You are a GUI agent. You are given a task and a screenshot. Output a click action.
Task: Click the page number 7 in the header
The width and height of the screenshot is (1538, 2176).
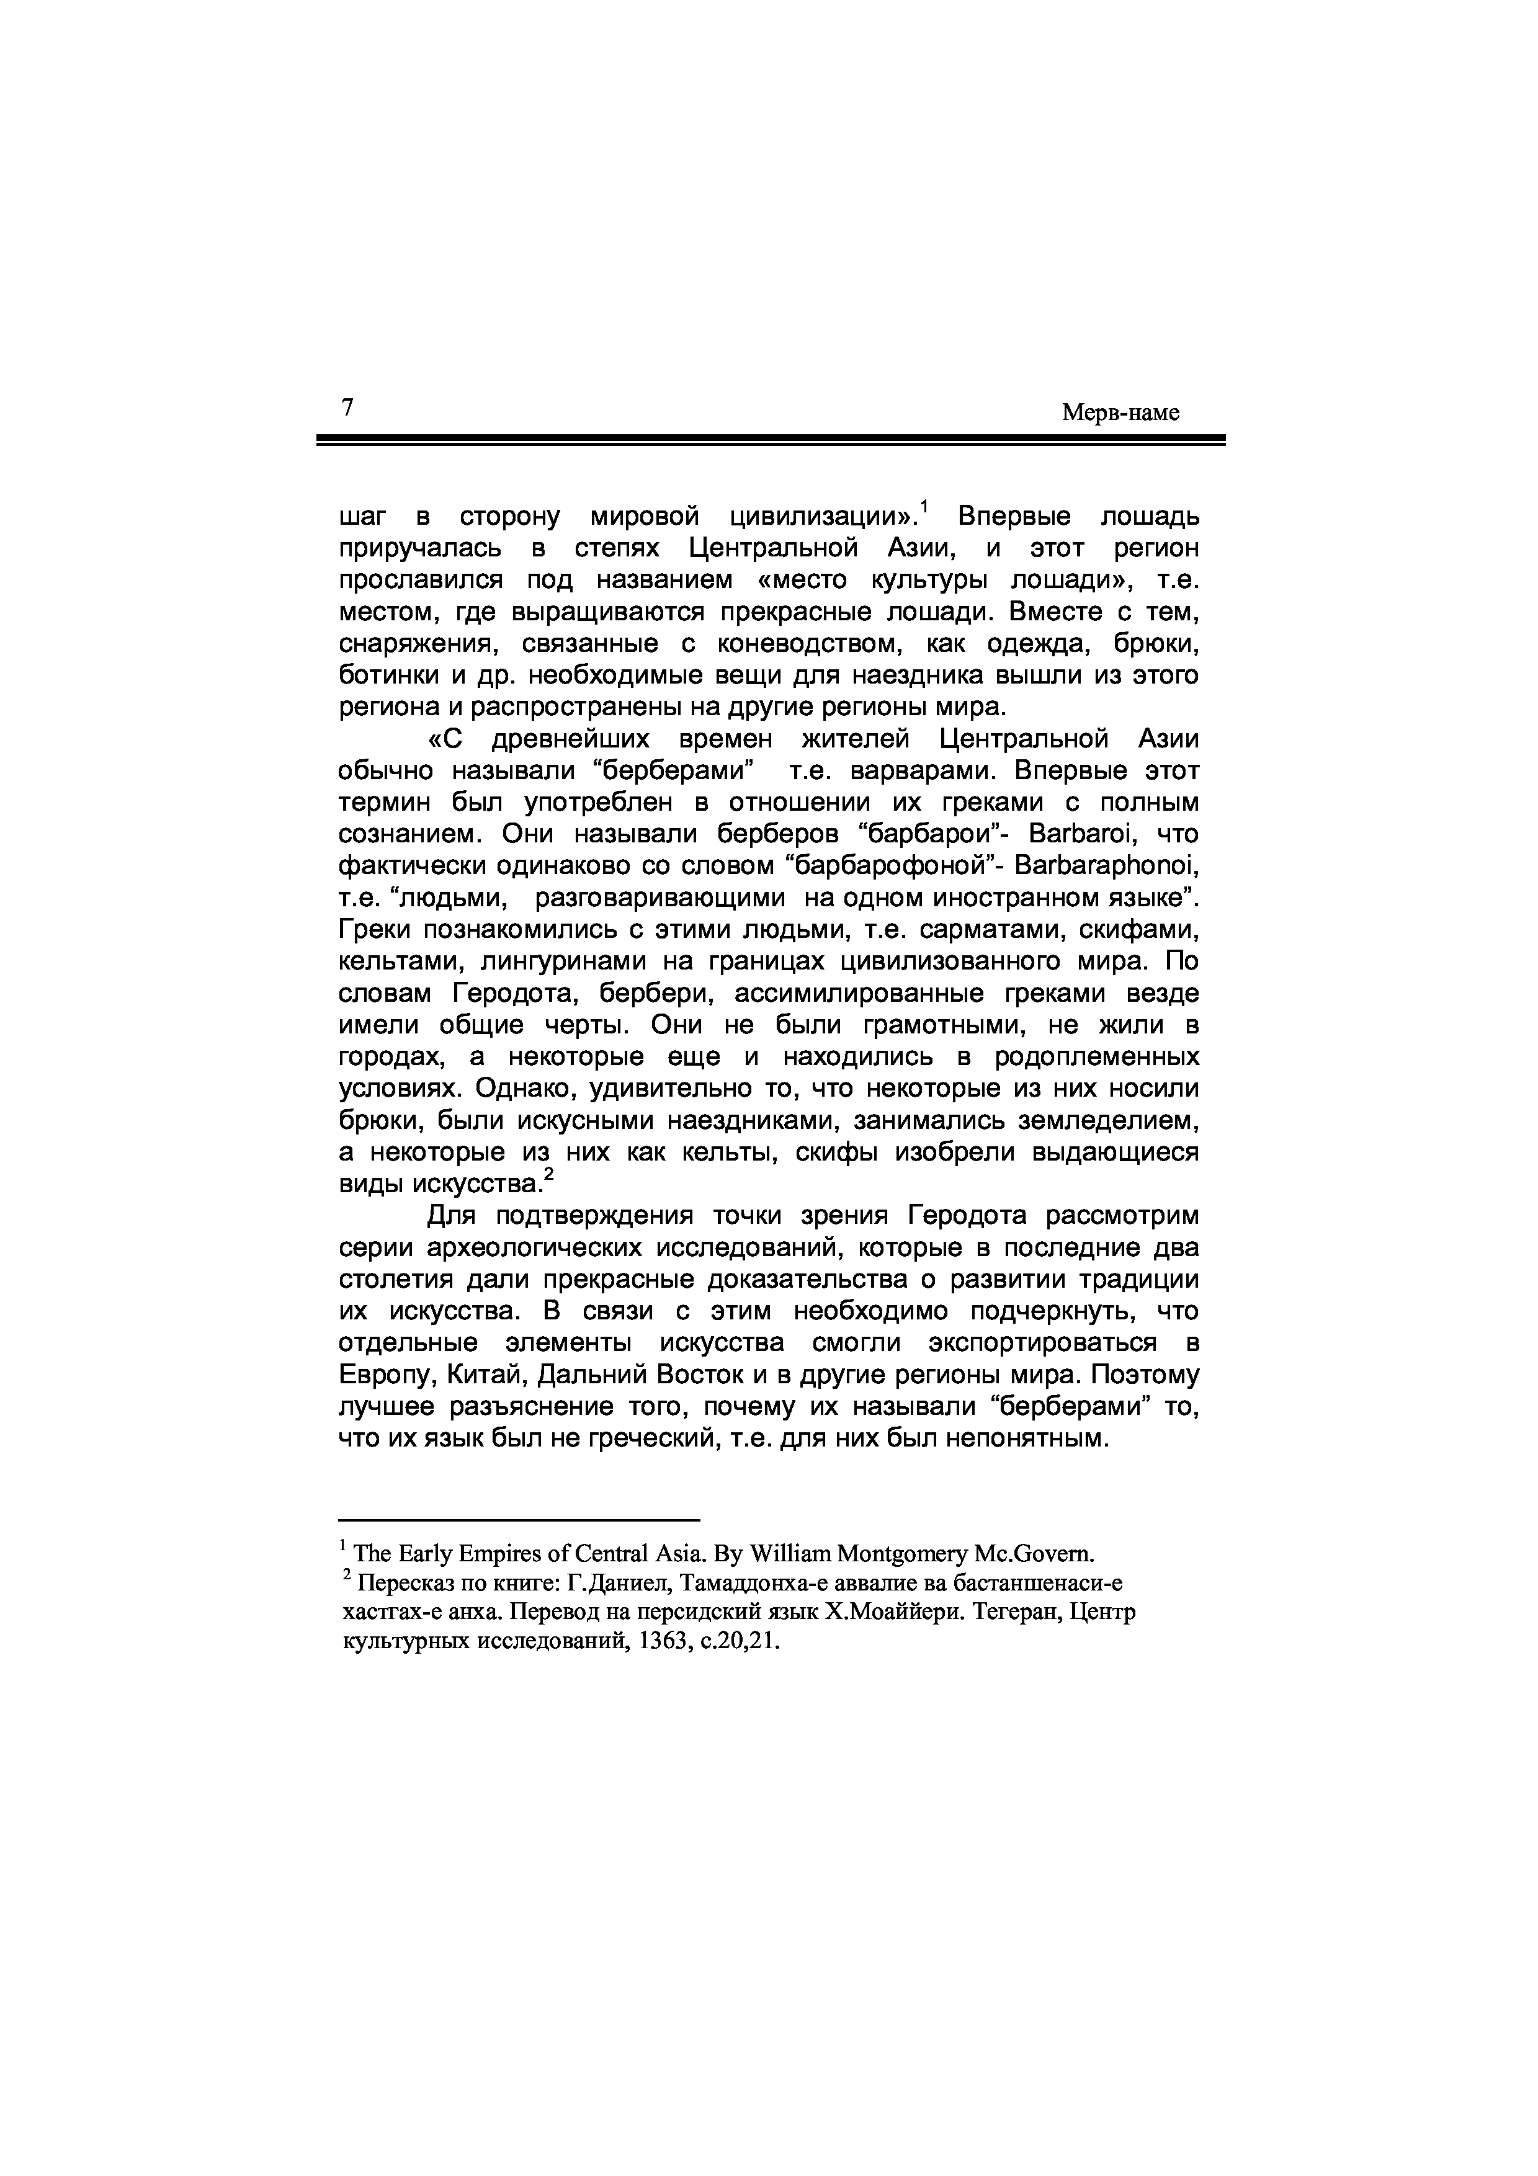347,408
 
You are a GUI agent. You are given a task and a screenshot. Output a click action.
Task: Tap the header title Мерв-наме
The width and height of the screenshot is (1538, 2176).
1120,413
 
